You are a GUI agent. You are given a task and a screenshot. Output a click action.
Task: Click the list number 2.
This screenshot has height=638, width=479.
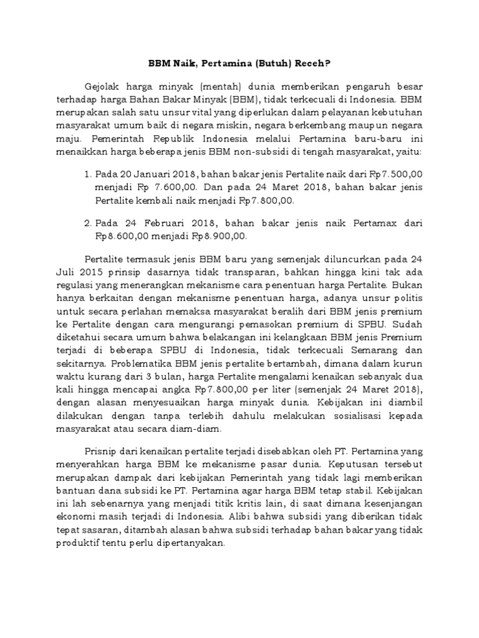coord(87,222)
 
